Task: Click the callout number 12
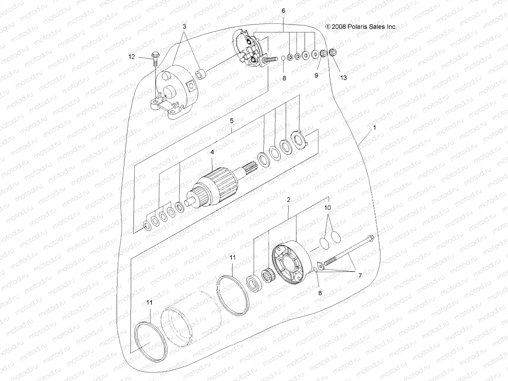click(x=132, y=57)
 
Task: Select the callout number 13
click(x=344, y=77)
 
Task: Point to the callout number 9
click(x=316, y=76)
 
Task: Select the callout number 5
click(x=231, y=121)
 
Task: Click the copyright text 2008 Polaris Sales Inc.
click(x=361, y=27)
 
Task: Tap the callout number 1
click(x=375, y=128)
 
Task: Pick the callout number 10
click(x=327, y=208)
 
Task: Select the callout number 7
click(x=360, y=276)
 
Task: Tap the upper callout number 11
click(x=233, y=257)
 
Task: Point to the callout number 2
click(x=288, y=200)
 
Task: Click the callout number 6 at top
click(x=283, y=11)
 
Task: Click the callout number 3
click(x=184, y=26)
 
